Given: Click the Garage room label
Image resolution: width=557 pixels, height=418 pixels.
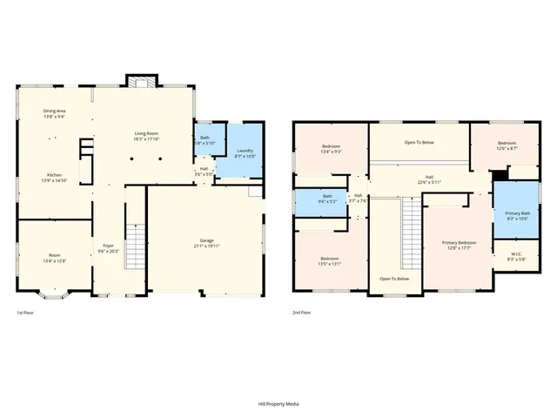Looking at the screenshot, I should (x=207, y=240).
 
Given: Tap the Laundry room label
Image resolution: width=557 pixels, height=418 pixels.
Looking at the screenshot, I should (x=245, y=152).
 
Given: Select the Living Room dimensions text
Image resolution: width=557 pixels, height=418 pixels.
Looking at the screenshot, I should (x=145, y=138).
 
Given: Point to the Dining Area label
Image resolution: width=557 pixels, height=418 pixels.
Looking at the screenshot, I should (x=55, y=111).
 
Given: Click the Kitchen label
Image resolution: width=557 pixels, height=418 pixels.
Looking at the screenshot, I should (x=54, y=174).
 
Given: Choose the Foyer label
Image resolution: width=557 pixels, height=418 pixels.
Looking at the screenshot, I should (x=109, y=246).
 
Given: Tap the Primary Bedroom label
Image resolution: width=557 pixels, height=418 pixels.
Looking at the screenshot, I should (x=459, y=242).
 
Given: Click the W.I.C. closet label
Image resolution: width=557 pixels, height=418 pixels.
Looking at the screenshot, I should (x=517, y=254).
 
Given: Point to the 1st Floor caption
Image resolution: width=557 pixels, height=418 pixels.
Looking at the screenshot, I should (x=26, y=312).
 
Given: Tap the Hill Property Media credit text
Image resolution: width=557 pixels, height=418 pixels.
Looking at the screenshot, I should (x=278, y=403).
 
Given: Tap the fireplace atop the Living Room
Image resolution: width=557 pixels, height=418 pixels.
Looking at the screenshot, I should (x=138, y=82).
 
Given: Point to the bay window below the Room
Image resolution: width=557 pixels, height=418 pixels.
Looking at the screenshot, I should (x=53, y=300).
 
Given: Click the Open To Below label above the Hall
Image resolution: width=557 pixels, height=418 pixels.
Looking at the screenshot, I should (x=419, y=142).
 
